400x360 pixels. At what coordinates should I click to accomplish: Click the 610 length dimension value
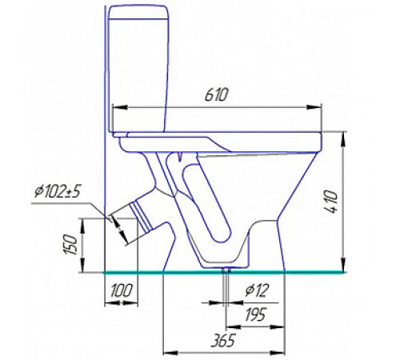tap(217, 95)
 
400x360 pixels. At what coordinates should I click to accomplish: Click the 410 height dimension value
tap(331, 202)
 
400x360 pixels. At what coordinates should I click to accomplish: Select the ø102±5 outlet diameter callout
tap(58, 191)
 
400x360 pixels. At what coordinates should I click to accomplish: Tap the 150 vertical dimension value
tap(70, 245)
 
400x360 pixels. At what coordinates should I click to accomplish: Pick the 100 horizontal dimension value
tap(121, 290)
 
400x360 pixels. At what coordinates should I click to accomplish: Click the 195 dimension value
tap(255, 314)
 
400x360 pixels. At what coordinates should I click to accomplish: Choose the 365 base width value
tap(222, 340)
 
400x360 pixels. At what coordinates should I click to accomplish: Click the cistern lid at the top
tap(138, 12)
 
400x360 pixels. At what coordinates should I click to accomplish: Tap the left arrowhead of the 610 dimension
tap(120, 107)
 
